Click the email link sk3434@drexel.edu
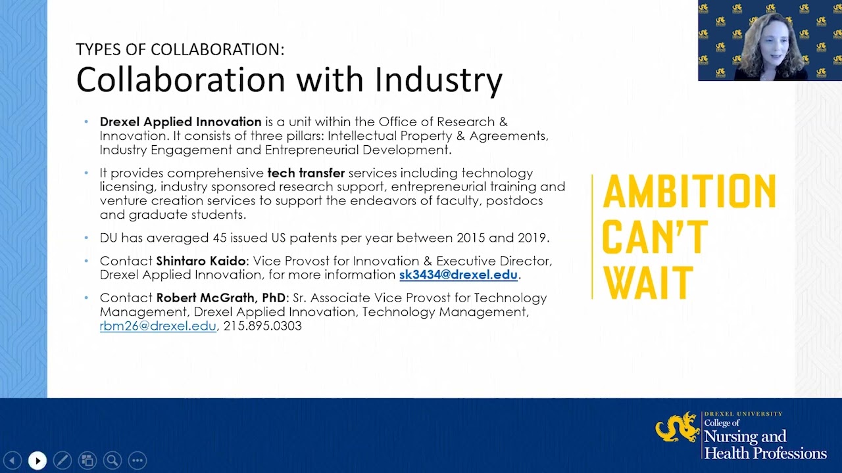tap(458, 275)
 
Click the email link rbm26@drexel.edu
tap(158, 326)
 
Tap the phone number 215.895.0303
tap(262, 326)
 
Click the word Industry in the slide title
tap(439, 80)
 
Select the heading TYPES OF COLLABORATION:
tap(180, 49)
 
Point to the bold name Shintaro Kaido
tap(201, 261)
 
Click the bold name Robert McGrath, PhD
tap(221, 298)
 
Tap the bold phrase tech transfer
tap(306, 173)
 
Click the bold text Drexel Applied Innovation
tap(181, 122)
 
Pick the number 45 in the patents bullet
tap(220, 238)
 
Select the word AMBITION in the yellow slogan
tap(689, 192)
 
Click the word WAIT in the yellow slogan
tap(648, 282)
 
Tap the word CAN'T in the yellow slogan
tap(655, 237)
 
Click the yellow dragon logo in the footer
tap(678, 428)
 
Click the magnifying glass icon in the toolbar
tap(112, 461)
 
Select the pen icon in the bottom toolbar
tap(62, 461)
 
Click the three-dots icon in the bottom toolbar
tap(137, 461)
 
